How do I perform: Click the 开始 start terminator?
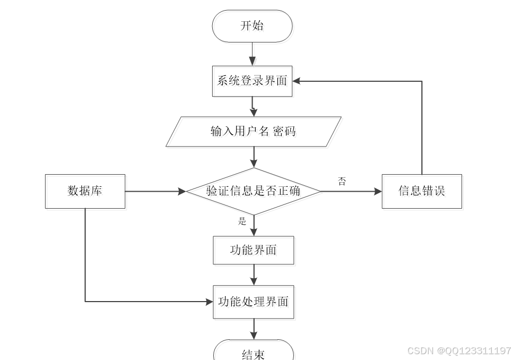(252, 26)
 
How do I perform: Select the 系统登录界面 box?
(252, 81)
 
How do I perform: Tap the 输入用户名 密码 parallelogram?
(253, 132)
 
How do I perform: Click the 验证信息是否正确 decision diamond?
(253, 191)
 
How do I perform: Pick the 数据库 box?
(85, 191)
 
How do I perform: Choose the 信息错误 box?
(422, 191)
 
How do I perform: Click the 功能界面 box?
(253, 250)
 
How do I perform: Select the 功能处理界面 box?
(253, 302)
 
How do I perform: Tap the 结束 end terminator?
(253, 353)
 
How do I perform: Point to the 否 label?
(342, 181)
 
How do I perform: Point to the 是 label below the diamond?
(242, 221)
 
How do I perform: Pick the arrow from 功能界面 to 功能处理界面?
(254, 275)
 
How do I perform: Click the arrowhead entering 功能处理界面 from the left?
(208, 302)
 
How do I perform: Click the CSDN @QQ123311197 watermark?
(459, 351)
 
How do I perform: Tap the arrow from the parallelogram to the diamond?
(254, 157)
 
